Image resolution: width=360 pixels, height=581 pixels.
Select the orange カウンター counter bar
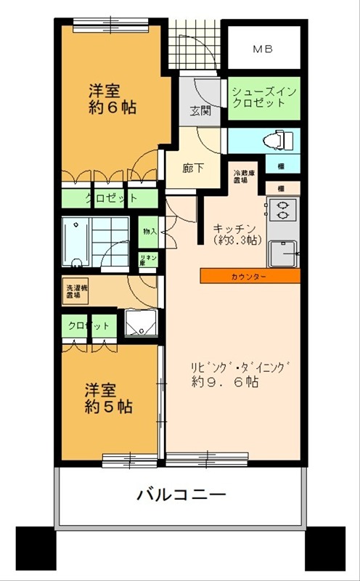[x=249, y=277]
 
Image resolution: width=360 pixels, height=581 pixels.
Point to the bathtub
[x=75, y=243]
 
